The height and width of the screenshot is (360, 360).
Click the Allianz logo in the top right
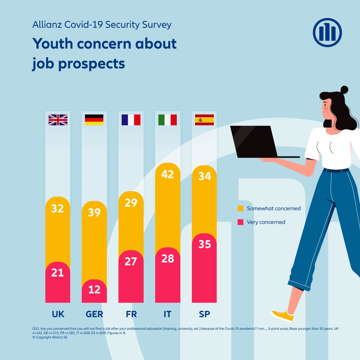pos(327,33)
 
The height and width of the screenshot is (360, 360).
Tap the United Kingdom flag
pos(58,120)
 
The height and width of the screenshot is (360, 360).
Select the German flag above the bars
pos(94,120)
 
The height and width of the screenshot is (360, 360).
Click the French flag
pos(131,120)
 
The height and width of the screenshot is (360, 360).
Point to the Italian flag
pos(167,120)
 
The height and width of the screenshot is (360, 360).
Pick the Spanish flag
pos(204,120)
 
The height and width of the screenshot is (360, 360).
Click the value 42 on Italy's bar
pos(168,175)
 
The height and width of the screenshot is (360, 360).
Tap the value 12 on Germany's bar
pos(94,289)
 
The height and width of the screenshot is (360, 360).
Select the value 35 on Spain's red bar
pos(204,244)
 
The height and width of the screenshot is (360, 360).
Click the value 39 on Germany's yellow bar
pos(94,212)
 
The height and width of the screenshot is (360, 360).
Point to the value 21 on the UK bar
pos(58,273)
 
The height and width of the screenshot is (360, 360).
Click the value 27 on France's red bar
pos(131,261)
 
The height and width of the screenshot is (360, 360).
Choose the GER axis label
pos(94,314)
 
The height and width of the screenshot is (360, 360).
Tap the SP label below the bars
pos(204,314)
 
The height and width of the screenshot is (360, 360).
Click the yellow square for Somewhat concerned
pos(240,208)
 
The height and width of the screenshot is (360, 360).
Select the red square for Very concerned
pos(240,222)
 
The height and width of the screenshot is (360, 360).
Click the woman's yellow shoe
pos(283,316)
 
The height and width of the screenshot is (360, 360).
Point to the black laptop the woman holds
pos(256,141)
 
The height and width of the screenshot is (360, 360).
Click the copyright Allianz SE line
pos(47,337)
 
